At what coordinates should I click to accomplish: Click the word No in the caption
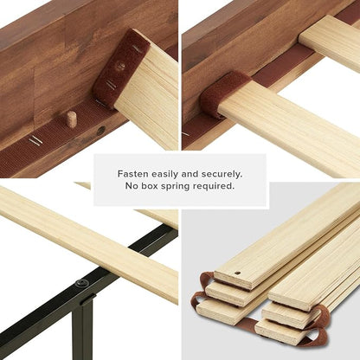click(132, 186)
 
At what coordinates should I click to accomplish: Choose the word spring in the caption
click(175, 187)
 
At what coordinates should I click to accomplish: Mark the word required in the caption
click(214, 186)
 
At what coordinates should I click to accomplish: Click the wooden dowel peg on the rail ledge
click(71, 119)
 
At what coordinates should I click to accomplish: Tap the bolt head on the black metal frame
click(80, 284)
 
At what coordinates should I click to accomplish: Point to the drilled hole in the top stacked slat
click(237, 273)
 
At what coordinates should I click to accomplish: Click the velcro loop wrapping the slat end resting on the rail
click(223, 93)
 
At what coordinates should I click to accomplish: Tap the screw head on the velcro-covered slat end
click(121, 67)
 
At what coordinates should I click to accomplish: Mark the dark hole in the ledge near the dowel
click(100, 131)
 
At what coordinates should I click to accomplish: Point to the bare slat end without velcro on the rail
click(329, 41)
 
